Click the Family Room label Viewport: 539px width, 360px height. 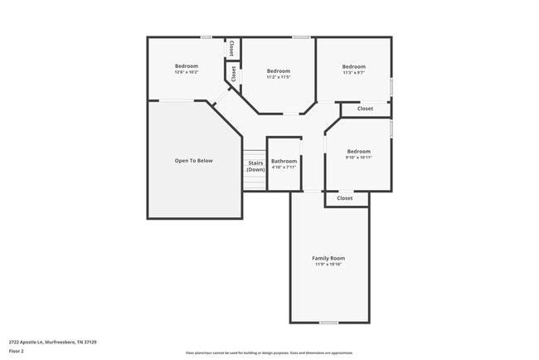tap(328, 258)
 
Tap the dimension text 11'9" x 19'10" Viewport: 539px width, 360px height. tap(328, 265)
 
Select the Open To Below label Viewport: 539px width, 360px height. tap(193, 160)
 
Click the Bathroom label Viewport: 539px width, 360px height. tap(284, 161)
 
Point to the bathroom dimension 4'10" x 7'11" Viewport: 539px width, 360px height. tap(284, 168)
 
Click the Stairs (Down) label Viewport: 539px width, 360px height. tap(255, 166)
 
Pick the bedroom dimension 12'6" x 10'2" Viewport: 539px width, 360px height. tap(187, 72)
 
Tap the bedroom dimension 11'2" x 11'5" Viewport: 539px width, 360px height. tap(279, 77)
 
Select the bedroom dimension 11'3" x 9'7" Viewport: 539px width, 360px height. tap(354, 73)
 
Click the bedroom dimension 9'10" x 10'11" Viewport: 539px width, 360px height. tap(358, 158)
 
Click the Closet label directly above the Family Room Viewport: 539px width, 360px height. tap(345, 198)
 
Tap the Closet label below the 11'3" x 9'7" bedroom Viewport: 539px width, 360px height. tap(365, 109)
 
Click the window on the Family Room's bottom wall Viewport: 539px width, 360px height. tap(329, 322)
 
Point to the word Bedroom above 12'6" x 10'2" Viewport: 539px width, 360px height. tap(187, 66)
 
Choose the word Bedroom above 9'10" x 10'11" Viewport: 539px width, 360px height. tap(358, 151)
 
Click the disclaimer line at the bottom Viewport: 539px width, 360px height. tap(269, 353)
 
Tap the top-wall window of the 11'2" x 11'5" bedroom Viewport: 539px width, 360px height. tap(302, 37)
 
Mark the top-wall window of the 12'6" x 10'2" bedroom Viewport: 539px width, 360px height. tap(206, 37)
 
